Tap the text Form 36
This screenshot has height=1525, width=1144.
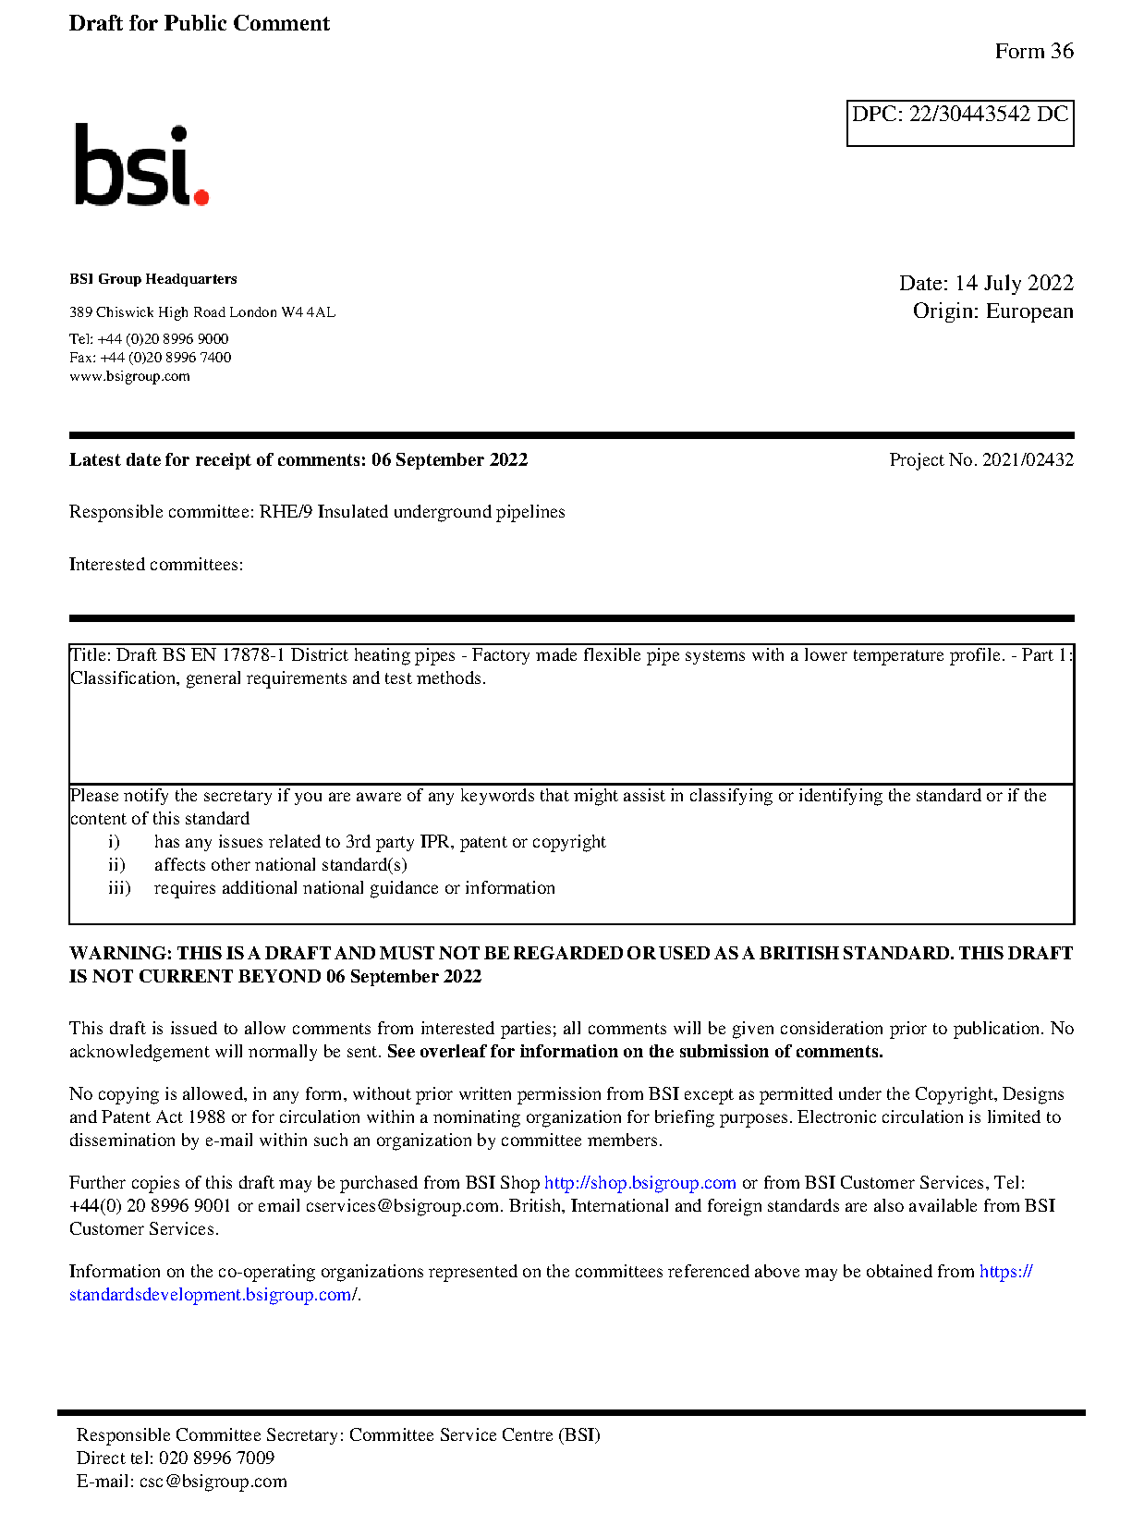click(1033, 52)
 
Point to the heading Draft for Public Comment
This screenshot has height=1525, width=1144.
click(199, 24)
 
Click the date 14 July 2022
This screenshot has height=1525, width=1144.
click(1014, 283)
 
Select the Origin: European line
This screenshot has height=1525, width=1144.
click(992, 311)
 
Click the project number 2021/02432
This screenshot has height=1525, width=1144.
click(1027, 460)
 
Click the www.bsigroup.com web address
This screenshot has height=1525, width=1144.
click(129, 376)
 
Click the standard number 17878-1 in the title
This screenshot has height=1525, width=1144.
click(251, 655)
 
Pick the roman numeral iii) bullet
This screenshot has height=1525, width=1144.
click(119, 888)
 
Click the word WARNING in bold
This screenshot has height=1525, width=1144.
click(120, 954)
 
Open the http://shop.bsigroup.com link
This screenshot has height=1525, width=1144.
click(639, 1183)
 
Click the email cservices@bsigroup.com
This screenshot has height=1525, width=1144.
click(402, 1206)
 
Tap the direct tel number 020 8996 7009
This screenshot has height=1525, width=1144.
click(216, 1458)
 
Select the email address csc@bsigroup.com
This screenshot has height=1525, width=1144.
click(213, 1482)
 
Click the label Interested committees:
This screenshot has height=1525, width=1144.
click(156, 565)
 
